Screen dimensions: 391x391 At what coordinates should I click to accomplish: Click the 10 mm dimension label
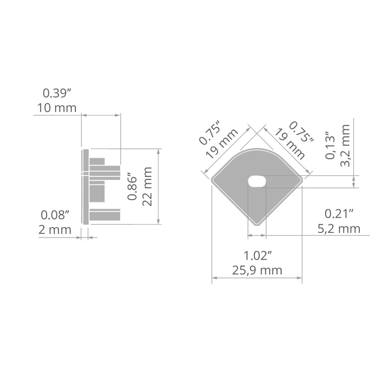click(x=57, y=108)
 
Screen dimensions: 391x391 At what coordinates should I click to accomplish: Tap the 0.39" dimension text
click(x=57, y=93)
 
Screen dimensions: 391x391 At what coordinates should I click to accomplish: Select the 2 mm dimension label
click(x=55, y=230)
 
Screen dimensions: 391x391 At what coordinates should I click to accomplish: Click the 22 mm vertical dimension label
click(x=147, y=186)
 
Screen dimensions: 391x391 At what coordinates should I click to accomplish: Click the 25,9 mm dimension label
click(x=257, y=270)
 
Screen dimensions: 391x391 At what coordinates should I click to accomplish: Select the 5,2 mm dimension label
click(x=339, y=229)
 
